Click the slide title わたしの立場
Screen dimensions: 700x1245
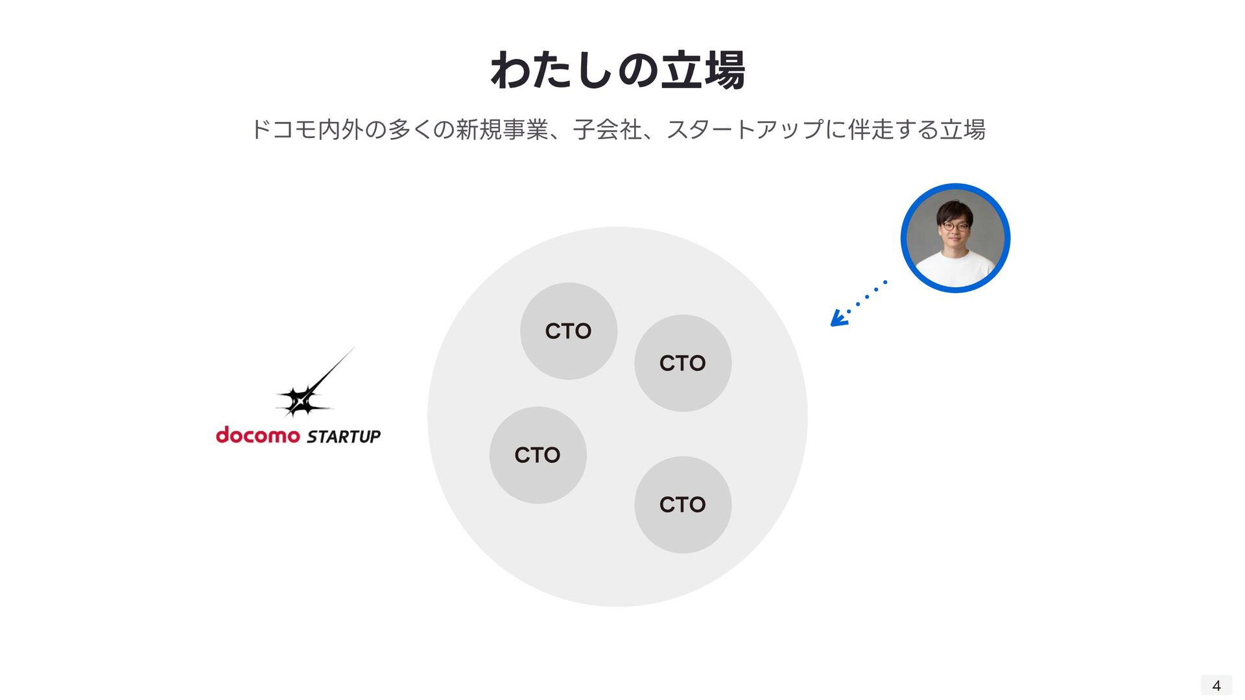(x=618, y=70)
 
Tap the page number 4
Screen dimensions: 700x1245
(x=1216, y=685)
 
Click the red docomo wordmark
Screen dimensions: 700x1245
(x=257, y=435)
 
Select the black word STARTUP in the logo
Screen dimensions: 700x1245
(x=344, y=437)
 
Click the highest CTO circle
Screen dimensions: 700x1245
(x=568, y=331)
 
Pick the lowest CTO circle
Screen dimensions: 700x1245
(x=682, y=504)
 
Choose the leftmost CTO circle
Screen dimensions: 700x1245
(x=538, y=455)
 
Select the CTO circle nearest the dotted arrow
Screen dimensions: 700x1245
(x=682, y=363)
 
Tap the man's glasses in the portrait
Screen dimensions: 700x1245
(x=955, y=227)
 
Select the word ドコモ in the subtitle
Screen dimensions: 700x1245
(x=283, y=130)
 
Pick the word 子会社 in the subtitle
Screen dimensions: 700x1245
(x=607, y=130)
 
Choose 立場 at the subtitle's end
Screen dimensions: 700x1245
(x=963, y=130)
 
